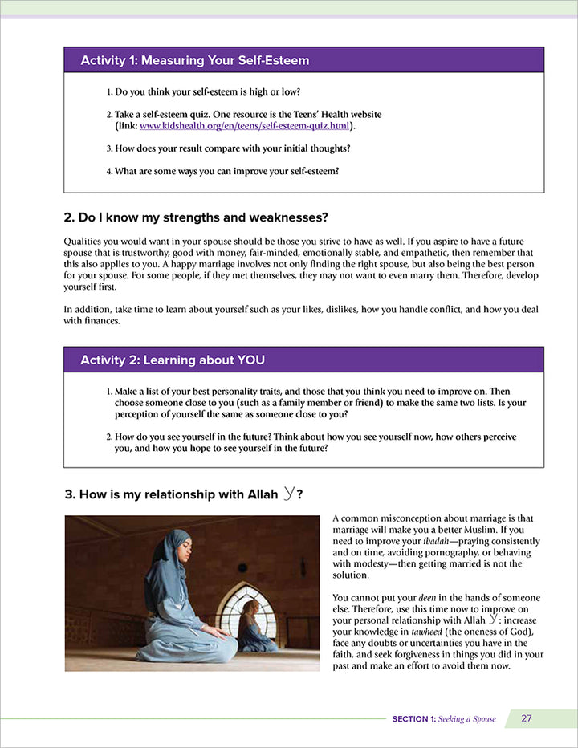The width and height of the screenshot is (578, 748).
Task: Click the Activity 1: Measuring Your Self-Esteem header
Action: pos(195,60)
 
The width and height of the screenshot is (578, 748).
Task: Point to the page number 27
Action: pos(527,718)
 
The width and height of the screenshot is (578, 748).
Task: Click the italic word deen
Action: pos(427,598)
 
